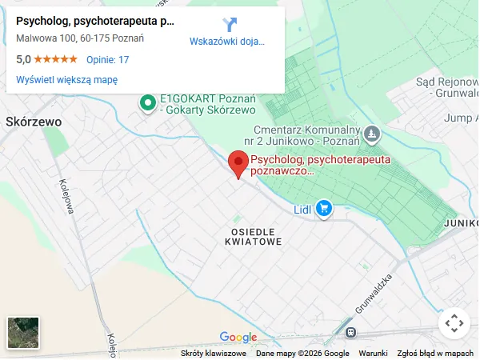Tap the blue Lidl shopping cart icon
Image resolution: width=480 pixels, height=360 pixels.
pyautogui.click(x=323, y=209)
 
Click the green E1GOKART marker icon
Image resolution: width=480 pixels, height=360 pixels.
pyautogui.click(x=147, y=102)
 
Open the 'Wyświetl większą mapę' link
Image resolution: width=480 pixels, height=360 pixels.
pyautogui.click(x=67, y=79)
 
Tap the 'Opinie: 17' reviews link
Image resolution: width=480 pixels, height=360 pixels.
pyautogui.click(x=107, y=59)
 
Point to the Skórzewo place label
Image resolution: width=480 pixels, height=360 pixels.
pyautogui.click(x=34, y=122)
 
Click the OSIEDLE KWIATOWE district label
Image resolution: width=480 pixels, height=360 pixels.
pyautogui.click(x=254, y=235)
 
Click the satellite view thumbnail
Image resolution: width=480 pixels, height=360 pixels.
pyautogui.click(x=23, y=333)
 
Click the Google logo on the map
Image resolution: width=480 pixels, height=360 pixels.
pyautogui.click(x=238, y=337)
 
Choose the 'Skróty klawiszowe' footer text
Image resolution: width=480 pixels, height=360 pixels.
pyautogui.click(x=214, y=354)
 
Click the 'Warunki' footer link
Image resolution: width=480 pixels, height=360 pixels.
pyautogui.click(x=373, y=354)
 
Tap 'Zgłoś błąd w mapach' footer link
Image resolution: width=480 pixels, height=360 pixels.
pyautogui.click(x=436, y=354)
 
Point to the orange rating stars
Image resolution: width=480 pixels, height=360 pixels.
pyautogui.click(x=55, y=59)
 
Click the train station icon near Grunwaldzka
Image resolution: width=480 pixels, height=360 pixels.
pyautogui.click(x=350, y=331)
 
